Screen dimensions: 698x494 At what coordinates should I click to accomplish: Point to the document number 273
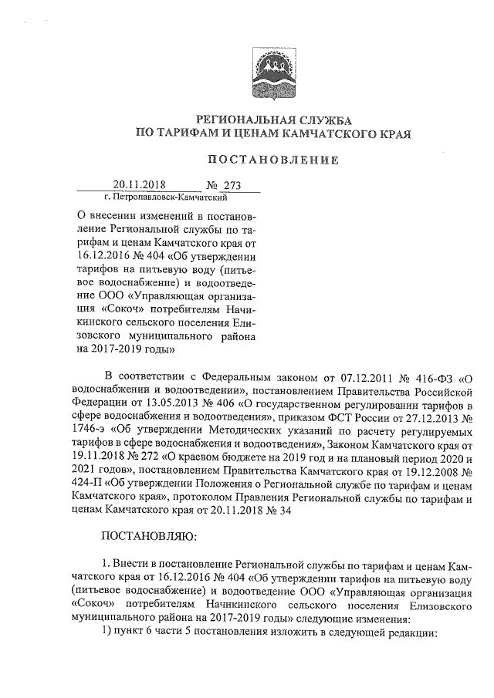[x=232, y=185]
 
